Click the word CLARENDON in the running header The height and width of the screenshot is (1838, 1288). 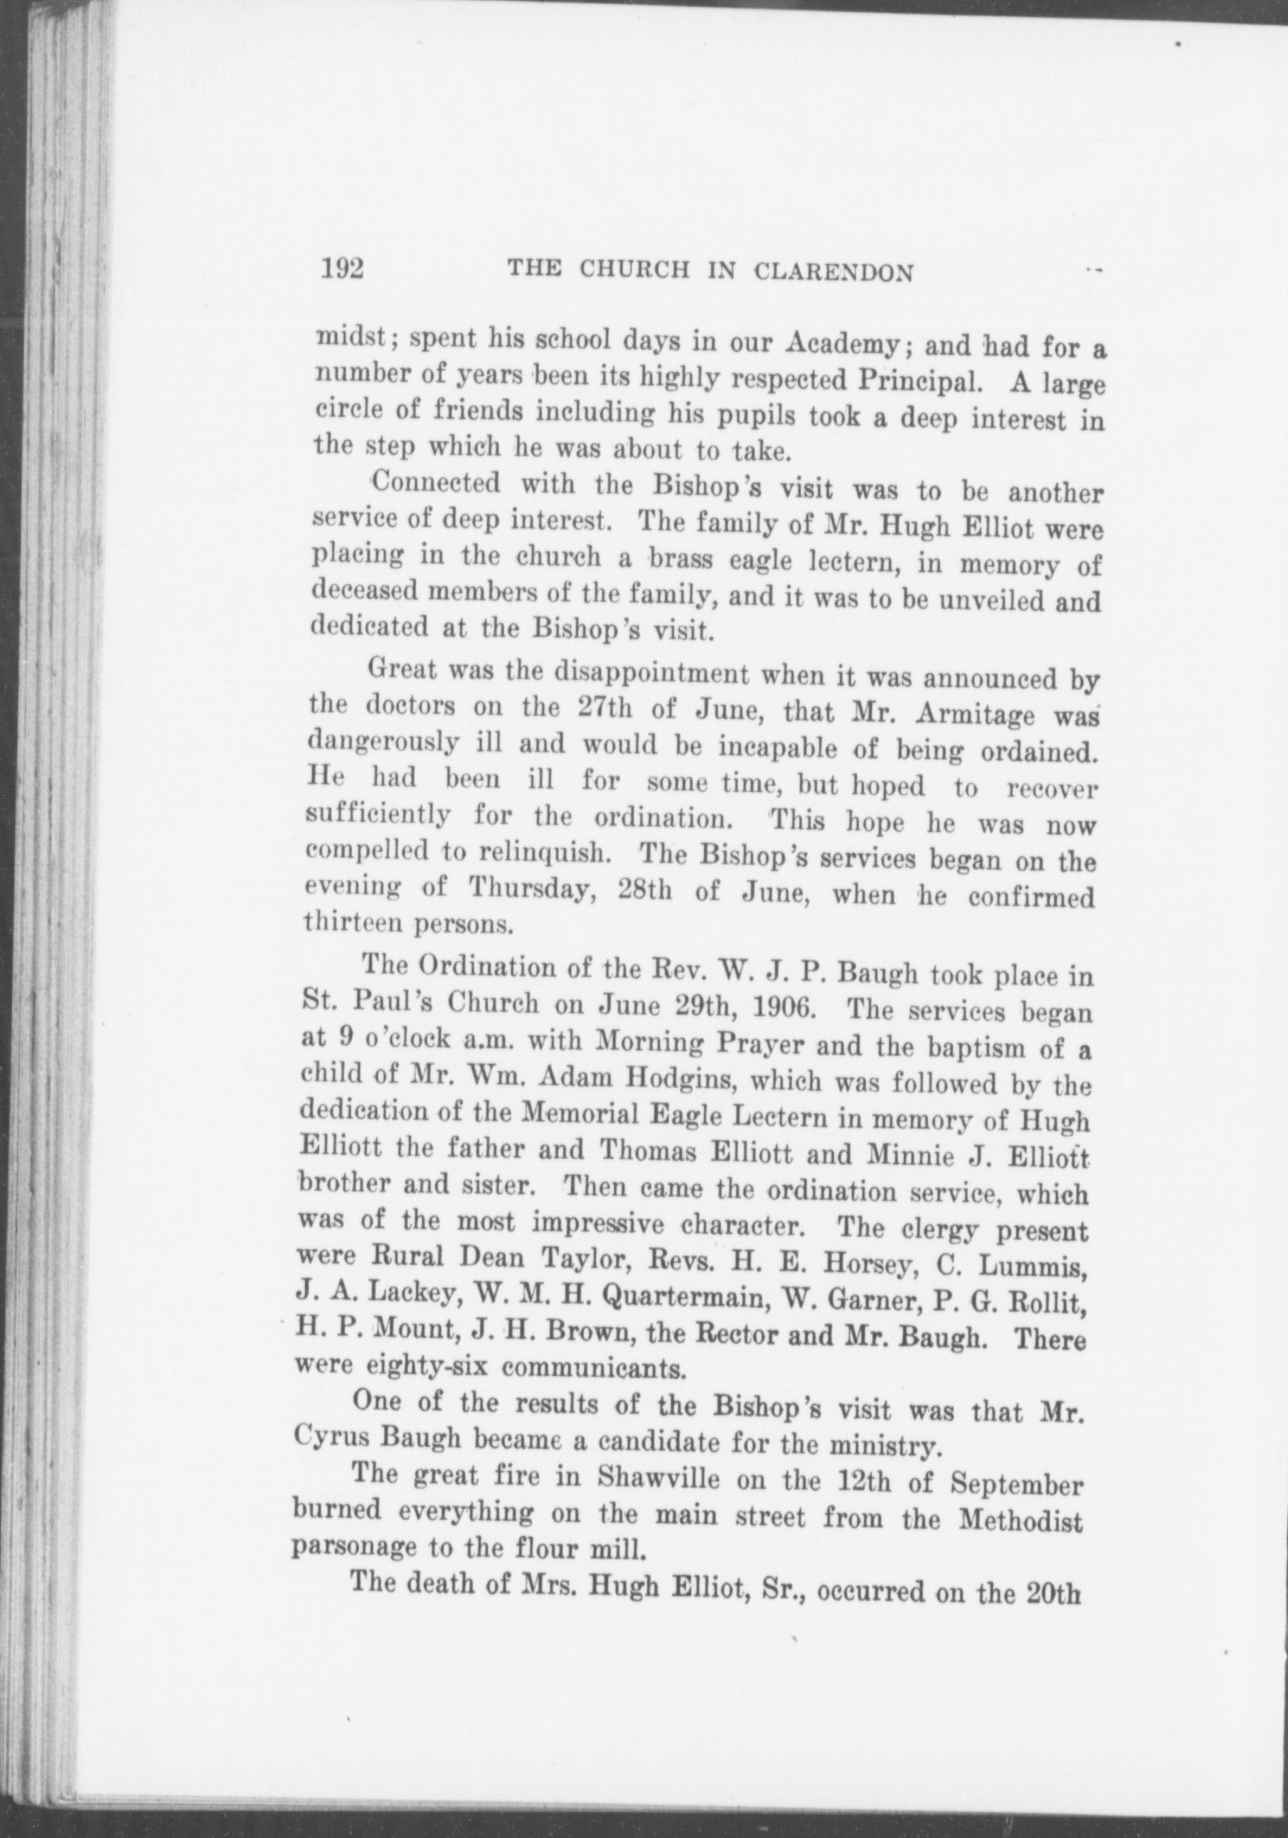pos(833,273)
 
